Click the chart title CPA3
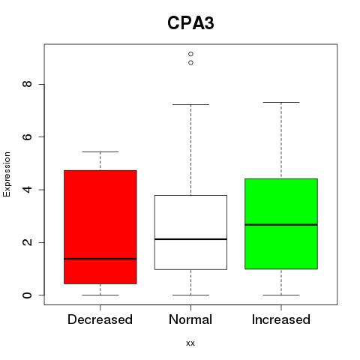190,23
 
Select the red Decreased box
100,227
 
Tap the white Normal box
190,232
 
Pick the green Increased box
281,223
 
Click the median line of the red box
100,259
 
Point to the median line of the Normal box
190,239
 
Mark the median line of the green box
281,225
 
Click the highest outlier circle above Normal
190,54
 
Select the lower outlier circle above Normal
190,63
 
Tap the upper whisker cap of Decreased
100,151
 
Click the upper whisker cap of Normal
190,104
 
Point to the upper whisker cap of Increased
281,102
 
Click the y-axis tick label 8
27,84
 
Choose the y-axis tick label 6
27,136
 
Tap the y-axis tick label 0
27,295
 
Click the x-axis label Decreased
100,319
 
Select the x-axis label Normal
190,319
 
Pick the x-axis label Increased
281,319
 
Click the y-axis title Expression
7,174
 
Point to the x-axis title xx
190,343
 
